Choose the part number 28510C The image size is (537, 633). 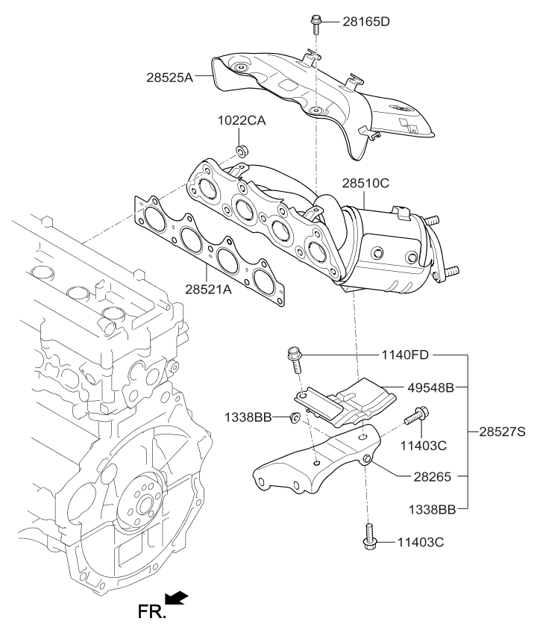365,182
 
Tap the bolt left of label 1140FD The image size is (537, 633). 293,359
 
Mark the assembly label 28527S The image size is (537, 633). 500,431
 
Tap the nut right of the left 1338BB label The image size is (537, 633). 295,417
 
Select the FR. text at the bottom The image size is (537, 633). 151,614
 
